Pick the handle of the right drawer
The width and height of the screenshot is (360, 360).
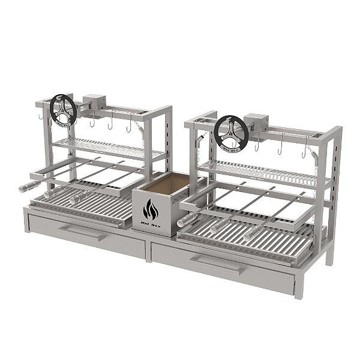point(216,263)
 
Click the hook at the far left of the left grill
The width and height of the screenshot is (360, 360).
point(38,116)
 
